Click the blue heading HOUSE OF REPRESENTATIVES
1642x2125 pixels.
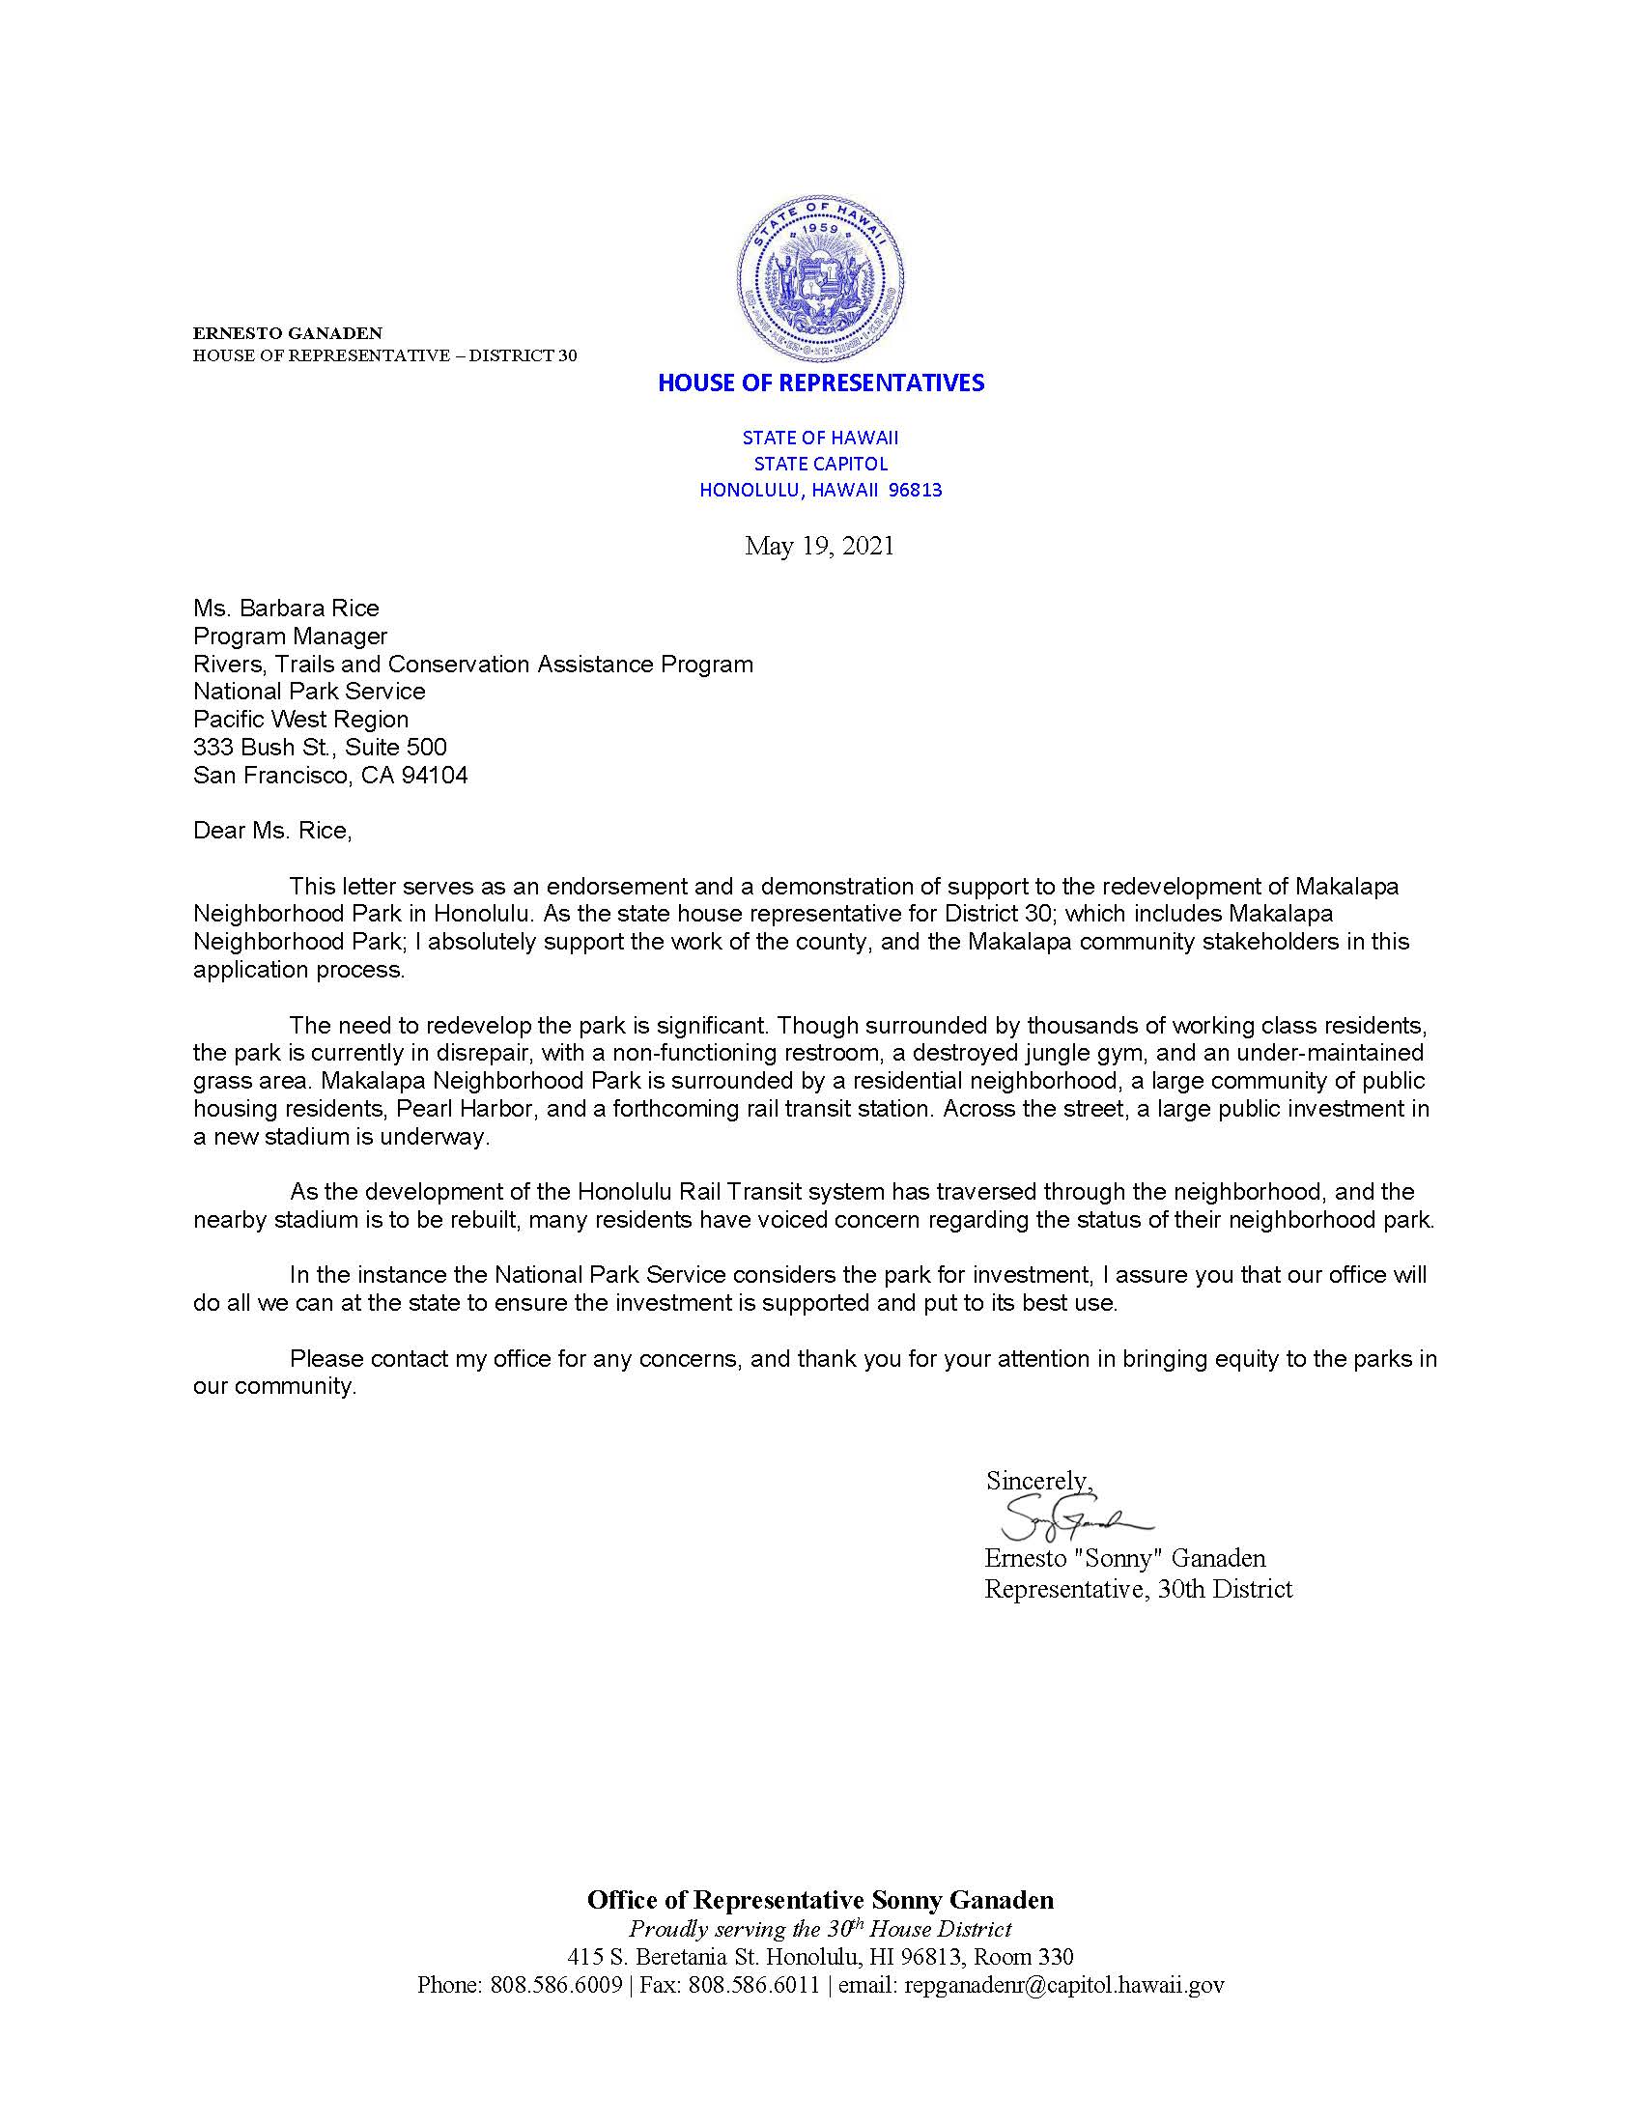tap(821, 383)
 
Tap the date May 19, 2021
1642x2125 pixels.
tap(819, 546)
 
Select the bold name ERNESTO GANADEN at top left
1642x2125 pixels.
tap(287, 333)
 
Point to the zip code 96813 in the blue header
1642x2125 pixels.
tap(916, 491)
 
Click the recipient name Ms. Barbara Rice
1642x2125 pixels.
tap(286, 609)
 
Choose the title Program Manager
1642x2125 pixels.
tap(290, 637)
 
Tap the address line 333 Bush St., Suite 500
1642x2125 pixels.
tap(320, 748)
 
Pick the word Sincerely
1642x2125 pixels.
tap(1037, 1481)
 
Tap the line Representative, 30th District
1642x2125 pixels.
tap(1138, 1589)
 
